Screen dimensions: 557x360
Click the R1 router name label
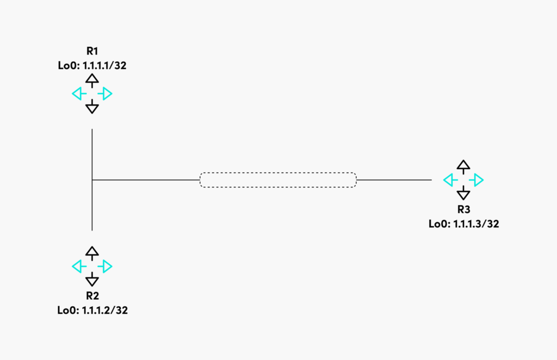[92, 51]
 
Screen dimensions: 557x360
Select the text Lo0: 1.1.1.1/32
[92, 66]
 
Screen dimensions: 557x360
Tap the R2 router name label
[92, 296]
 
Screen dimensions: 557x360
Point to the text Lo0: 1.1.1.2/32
[92, 311]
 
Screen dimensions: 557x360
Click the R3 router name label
[463, 209]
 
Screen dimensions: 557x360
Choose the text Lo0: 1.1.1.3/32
[463, 224]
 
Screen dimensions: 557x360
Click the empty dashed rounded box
[278, 173]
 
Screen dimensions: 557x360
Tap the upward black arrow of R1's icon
[92, 80]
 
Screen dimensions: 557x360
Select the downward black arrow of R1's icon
[92, 107]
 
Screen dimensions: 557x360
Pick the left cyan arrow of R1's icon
[79, 94]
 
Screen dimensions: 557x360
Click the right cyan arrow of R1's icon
[105, 94]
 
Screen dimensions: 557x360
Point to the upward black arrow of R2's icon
[92, 253]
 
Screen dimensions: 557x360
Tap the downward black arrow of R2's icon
[92, 279]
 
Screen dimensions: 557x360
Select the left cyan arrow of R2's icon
[79, 266]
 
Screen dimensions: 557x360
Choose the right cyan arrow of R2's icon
[105, 266]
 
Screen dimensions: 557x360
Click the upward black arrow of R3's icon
[463, 167]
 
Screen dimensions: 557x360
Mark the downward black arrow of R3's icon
[463, 193]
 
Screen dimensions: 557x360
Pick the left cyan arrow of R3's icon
[450, 180]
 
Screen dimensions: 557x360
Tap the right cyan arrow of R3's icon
[476, 180]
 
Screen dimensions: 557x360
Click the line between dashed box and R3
[394, 180]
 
